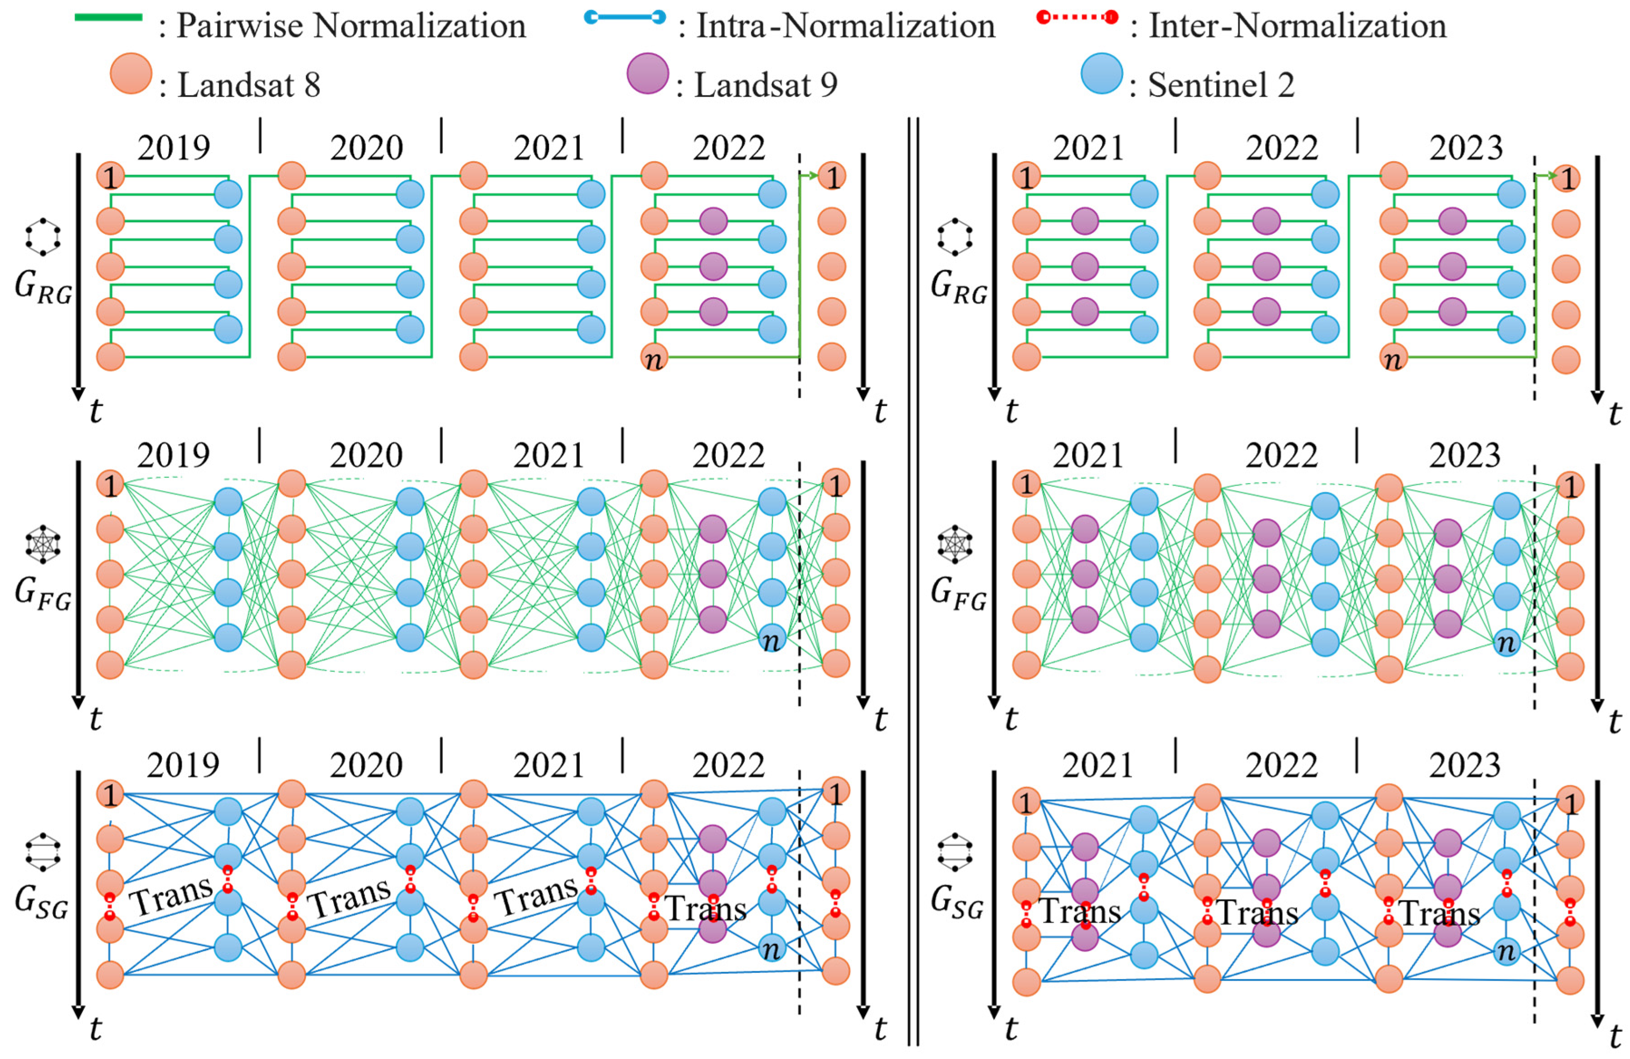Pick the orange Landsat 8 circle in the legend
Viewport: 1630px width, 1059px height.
click(131, 73)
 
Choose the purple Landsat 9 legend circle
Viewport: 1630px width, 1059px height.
click(647, 73)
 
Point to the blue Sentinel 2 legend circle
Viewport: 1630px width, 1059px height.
click(1101, 73)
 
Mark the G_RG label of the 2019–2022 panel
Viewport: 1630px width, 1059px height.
click(43, 285)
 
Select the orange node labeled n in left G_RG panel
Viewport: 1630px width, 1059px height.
click(654, 358)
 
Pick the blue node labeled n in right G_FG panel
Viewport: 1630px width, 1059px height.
click(1506, 642)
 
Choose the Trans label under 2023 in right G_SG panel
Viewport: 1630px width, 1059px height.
click(1438, 913)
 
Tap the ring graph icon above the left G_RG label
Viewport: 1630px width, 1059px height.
click(43, 237)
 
